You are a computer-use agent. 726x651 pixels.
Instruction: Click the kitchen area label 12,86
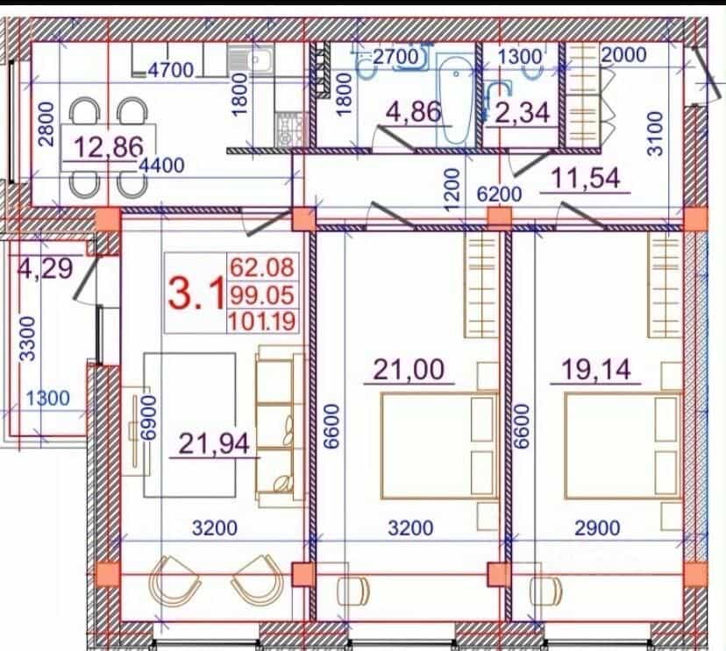tap(109, 147)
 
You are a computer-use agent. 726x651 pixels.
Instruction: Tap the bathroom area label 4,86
tap(414, 111)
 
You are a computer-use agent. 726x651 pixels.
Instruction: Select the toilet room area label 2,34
tap(523, 113)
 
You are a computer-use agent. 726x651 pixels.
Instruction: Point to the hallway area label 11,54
tap(586, 178)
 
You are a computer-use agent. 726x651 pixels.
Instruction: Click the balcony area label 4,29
tap(46, 268)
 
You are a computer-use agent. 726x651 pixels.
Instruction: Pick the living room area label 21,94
tap(214, 442)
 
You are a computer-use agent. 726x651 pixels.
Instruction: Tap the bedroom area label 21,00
tap(409, 370)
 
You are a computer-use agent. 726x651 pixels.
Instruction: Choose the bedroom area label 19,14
tap(596, 370)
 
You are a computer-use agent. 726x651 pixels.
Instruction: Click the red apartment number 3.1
tap(196, 293)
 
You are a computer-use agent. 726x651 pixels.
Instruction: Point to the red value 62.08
tap(262, 267)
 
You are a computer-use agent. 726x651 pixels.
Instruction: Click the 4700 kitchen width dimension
tap(171, 70)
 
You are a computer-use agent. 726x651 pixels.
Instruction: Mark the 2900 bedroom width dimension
tap(597, 527)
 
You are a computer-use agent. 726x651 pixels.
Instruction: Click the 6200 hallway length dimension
tap(499, 194)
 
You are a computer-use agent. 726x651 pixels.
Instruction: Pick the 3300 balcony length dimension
tap(28, 338)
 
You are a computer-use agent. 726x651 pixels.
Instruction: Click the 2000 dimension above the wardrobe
tap(623, 55)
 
